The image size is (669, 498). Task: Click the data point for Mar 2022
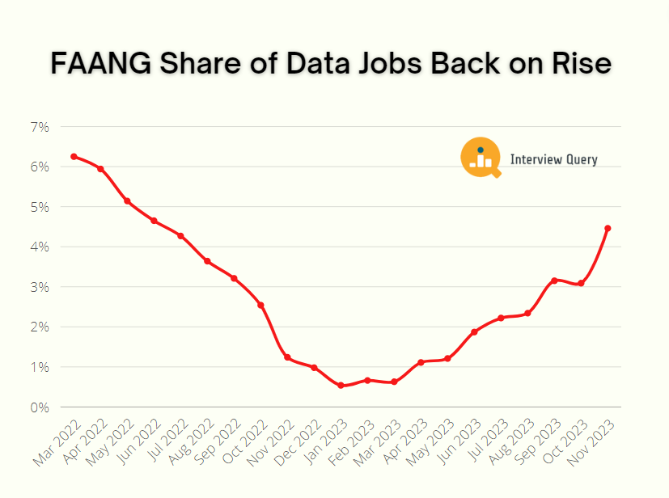point(74,156)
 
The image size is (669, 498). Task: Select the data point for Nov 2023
point(608,228)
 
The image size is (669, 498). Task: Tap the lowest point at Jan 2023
point(341,386)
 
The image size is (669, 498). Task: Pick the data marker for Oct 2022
point(260,305)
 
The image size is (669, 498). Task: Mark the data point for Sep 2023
point(554,281)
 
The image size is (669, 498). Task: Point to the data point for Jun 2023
point(474,332)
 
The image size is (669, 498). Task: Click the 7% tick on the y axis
point(40,127)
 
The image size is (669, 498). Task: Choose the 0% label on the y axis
point(40,407)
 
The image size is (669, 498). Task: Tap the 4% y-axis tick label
point(40,247)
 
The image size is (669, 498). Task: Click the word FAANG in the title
point(100,64)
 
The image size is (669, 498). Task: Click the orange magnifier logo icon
point(481,158)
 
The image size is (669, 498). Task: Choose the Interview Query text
point(553,159)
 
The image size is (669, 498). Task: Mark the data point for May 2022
point(127,200)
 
